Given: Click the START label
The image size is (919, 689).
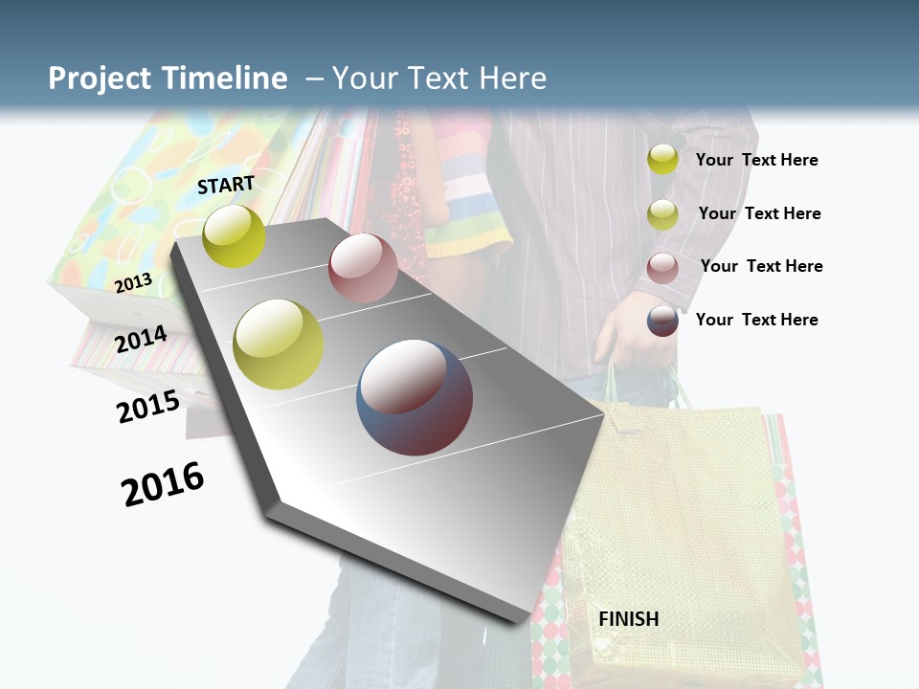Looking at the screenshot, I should (x=226, y=185).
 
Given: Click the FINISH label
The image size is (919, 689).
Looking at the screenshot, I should (x=628, y=619).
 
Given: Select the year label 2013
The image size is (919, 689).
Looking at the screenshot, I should (x=133, y=282).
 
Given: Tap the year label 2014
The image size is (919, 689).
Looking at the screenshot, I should (x=141, y=340).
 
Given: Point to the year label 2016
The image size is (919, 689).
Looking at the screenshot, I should (x=163, y=483).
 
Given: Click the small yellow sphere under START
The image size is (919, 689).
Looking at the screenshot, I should (x=234, y=235).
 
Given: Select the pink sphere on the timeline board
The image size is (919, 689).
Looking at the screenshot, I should (x=363, y=268).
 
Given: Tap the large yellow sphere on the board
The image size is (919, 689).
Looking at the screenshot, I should (x=279, y=344).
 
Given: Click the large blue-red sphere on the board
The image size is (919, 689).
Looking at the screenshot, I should (x=415, y=397).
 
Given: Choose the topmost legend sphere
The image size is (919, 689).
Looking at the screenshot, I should (x=662, y=159).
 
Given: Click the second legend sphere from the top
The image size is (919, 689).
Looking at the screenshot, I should (x=662, y=214).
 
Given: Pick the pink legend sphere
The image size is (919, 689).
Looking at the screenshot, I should (x=662, y=267).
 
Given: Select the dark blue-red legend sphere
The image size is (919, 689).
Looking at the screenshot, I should (x=662, y=321).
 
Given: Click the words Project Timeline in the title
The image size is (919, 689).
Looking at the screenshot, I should (x=168, y=78).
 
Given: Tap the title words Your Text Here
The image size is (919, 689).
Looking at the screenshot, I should (x=439, y=78).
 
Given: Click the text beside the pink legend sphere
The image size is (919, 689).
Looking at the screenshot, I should (x=761, y=266).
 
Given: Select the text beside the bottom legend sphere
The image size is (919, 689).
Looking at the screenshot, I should (x=756, y=320).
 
